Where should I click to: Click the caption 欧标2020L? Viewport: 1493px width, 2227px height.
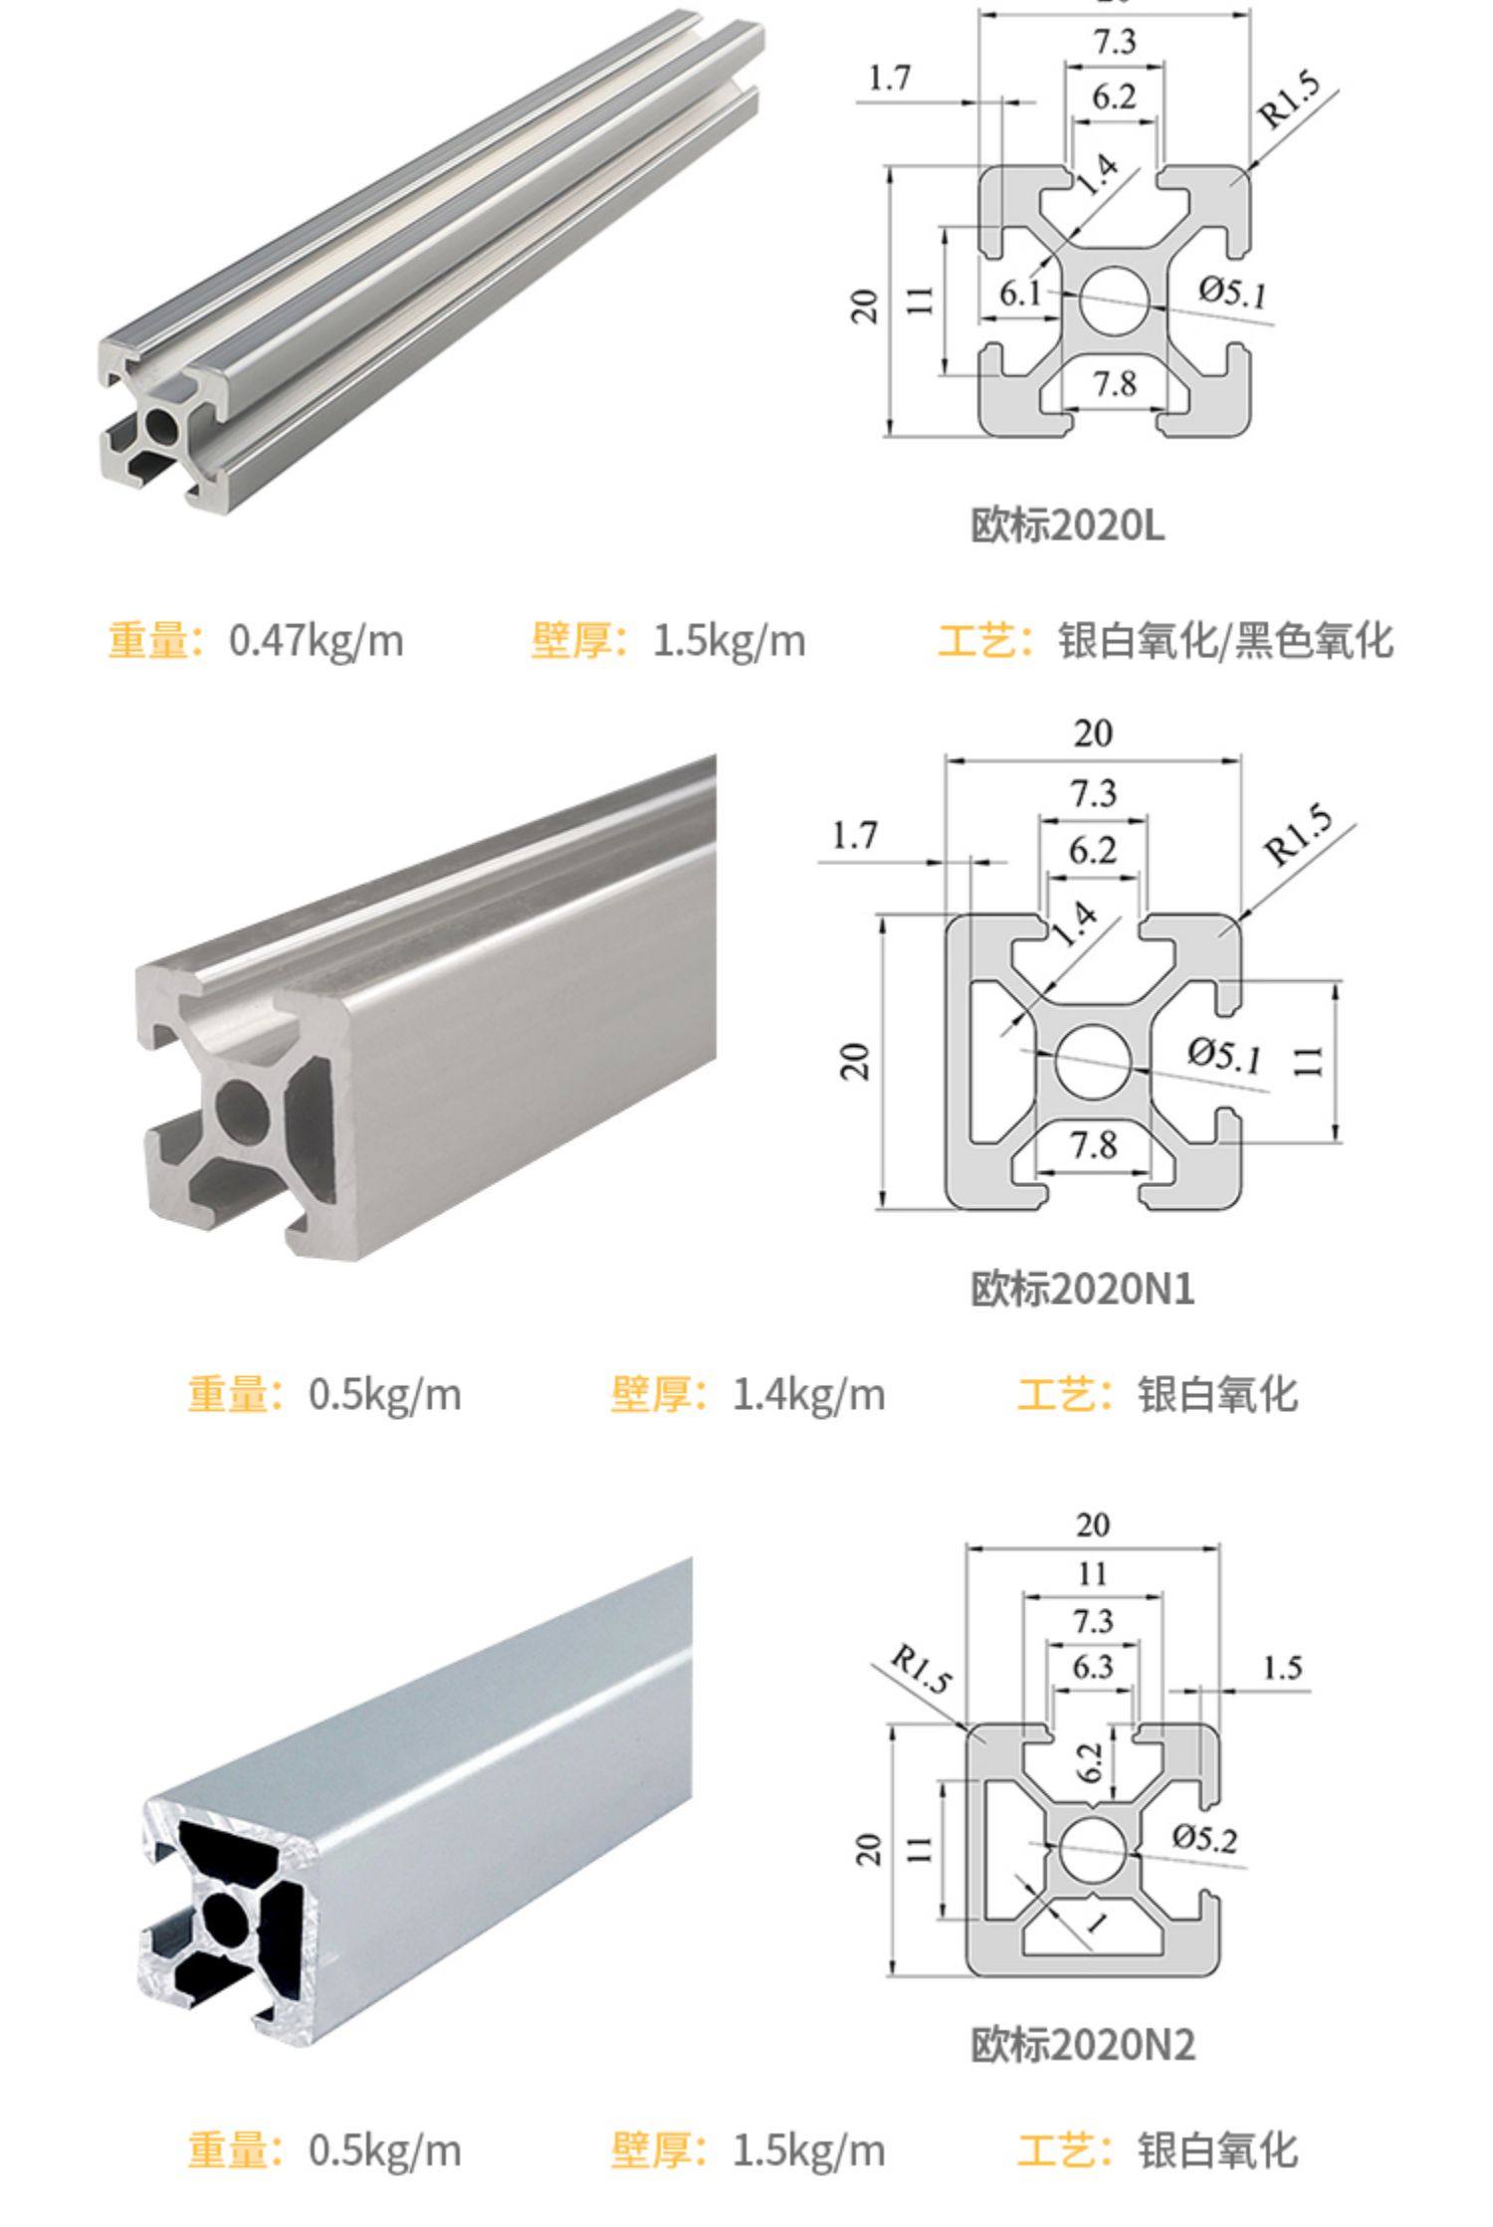click(1067, 524)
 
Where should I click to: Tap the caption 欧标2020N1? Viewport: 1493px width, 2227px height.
click(1082, 1289)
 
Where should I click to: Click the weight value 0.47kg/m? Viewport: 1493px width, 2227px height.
click(316, 640)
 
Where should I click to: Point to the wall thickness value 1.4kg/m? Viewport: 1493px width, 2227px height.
click(807, 1394)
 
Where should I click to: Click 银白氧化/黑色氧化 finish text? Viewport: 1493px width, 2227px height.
click(1224, 640)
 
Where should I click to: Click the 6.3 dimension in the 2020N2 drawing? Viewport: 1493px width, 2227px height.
click(1092, 1666)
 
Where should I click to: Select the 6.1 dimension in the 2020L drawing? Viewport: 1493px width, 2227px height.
click(1019, 294)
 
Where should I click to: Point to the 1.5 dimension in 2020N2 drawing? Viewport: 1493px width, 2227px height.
click(1282, 1667)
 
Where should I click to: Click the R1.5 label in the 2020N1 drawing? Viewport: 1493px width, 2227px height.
click(1296, 836)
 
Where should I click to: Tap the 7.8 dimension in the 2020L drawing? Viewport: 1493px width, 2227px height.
click(1114, 383)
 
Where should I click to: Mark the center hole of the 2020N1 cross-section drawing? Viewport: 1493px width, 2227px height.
click(1093, 1062)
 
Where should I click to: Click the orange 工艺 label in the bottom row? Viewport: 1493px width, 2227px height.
click(1062, 2150)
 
